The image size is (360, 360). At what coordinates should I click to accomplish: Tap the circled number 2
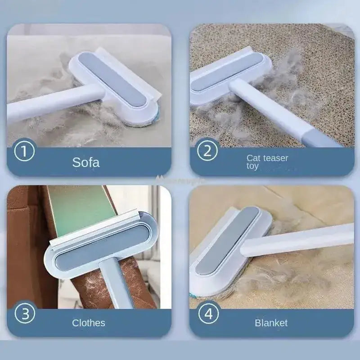pos(207,150)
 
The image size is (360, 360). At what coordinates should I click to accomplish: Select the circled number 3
pos(25,313)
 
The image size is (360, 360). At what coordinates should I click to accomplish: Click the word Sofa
pos(86,162)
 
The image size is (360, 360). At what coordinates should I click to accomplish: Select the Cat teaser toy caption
pos(267,162)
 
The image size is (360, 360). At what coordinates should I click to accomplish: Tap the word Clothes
pos(89,323)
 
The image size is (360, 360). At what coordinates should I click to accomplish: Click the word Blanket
pos(271,323)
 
